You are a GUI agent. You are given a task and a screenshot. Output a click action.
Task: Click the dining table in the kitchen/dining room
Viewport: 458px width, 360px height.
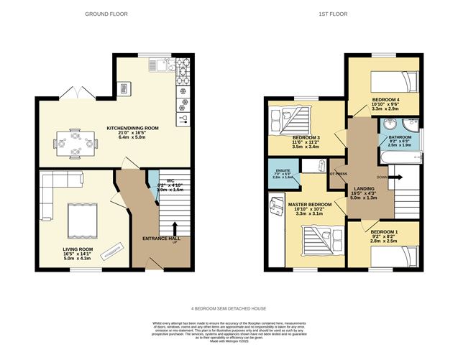tap(75, 142)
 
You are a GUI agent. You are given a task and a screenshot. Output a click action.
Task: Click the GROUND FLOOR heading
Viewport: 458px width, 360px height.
tap(103, 14)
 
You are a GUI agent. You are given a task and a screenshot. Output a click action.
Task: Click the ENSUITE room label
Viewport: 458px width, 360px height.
tap(280, 170)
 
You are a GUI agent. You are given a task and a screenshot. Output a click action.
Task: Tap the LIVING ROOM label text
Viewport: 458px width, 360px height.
tap(76, 249)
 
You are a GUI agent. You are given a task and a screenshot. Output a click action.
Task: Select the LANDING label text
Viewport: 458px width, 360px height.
tap(365, 188)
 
